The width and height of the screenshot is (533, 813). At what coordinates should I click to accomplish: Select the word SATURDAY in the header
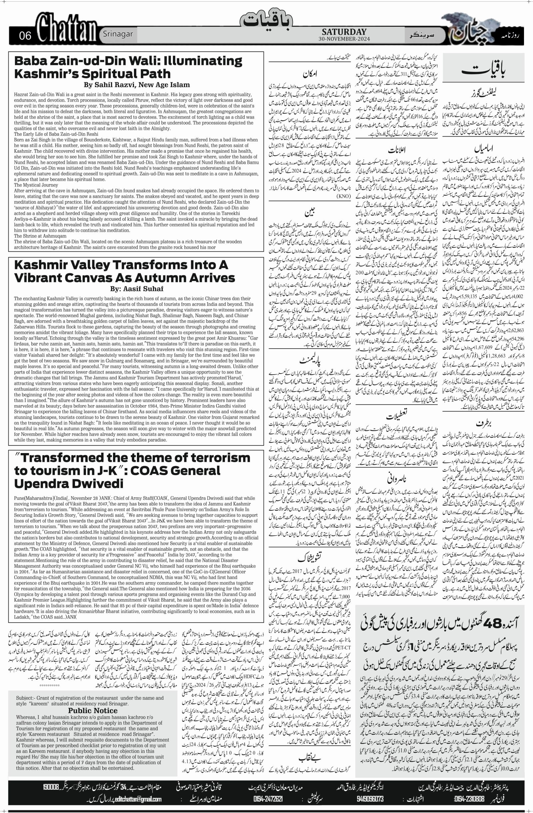(344, 32)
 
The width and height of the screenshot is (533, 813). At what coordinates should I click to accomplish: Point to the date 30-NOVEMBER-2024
(344, 39)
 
